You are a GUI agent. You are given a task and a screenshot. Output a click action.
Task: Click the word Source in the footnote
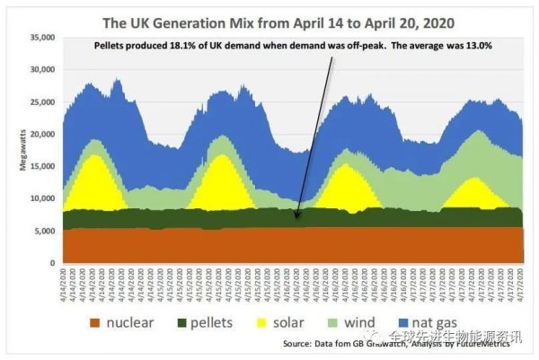click(299, 344)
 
